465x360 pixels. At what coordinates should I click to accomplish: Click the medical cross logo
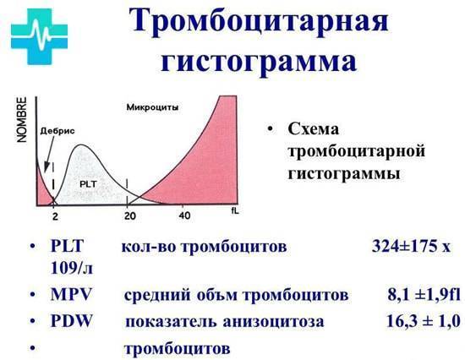click(41, 36)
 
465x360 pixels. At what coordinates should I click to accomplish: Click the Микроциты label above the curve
click(151, 108)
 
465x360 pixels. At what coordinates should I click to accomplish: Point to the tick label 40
click(184, 215)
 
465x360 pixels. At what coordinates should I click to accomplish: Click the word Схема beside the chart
click(314, 131)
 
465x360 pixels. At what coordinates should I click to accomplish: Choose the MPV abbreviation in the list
click(71, 296)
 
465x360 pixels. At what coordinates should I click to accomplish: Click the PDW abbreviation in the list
click(71, 321)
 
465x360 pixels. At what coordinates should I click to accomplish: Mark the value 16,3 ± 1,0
click(414, 321)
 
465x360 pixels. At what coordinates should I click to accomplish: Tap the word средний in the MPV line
click(155, 296)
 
